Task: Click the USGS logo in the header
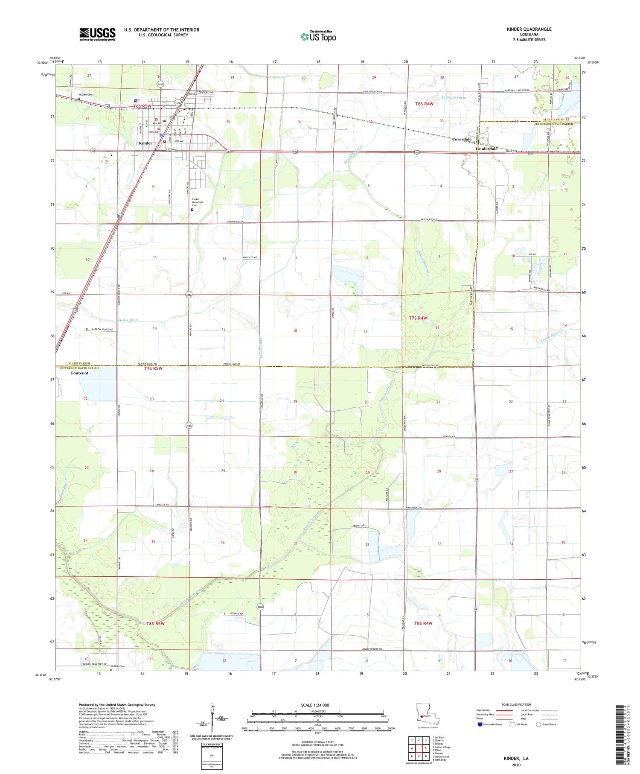point(97,34)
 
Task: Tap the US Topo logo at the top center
point(318,37)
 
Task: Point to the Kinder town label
point(145,143)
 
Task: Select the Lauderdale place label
point(486,149)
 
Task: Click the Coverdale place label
point(462,139)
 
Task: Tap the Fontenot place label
point(80,373)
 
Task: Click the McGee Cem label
point(85,95)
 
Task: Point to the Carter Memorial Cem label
point(197,202)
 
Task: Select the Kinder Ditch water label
point(128,320)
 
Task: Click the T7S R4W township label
point(418,318)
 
